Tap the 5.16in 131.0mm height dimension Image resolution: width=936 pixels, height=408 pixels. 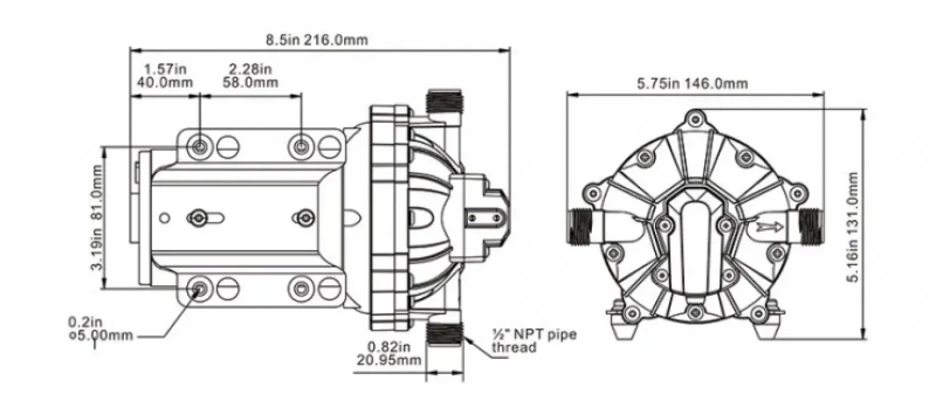851,226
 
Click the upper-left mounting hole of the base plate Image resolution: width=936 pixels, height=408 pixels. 200,147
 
